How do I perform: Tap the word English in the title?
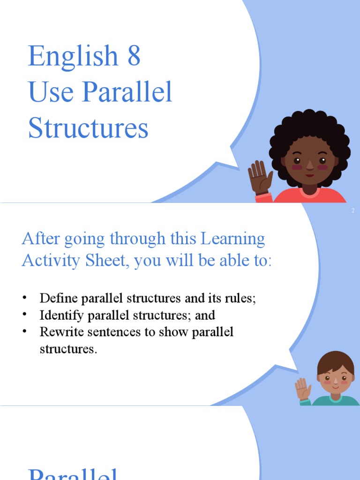(x=73, y=57)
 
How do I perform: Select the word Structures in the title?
(x=88, y=128)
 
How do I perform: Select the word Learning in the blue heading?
(x=232, y=239)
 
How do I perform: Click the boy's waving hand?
(x=302, y=388)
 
